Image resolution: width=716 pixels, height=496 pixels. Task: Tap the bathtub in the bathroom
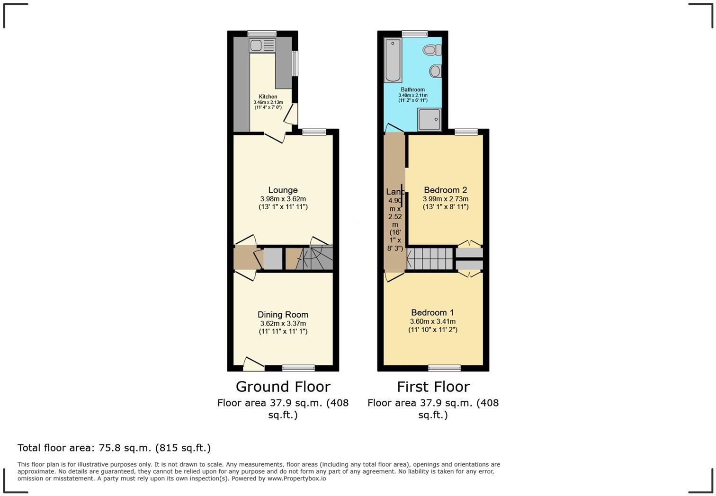393,61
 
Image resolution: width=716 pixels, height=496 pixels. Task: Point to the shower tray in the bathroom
430,119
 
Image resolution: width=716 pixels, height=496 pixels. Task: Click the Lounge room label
283,190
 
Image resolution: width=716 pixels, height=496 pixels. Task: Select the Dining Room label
283,315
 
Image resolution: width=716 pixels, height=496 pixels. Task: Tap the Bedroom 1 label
432,313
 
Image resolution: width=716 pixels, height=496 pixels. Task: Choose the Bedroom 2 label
445,190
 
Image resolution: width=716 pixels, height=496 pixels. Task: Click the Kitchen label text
268,97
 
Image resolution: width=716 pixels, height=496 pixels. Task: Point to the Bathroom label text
413,89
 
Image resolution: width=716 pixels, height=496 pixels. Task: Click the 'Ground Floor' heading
283,387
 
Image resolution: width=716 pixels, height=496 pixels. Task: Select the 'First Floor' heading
433,387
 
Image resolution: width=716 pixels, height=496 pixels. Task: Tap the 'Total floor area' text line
114,448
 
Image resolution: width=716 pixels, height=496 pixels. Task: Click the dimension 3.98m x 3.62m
283,199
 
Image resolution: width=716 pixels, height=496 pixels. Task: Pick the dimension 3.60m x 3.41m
432,321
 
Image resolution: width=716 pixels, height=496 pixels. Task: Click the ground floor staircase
315,258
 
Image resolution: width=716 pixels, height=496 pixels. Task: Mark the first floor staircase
430,258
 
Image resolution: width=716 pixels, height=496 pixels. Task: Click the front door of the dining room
253,364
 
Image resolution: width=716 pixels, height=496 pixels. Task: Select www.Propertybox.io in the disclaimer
296,478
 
